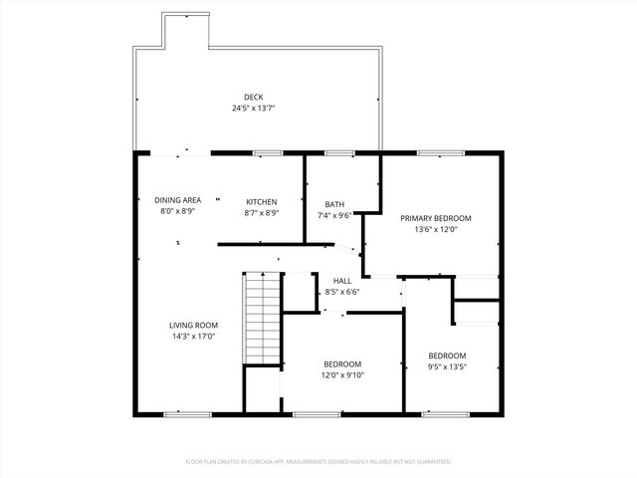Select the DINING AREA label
click(x=177, y=200)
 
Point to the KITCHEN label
click(x=262, y=201)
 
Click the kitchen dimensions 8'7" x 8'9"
click(x=262, y=212)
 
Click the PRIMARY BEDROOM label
click(x=435, y=217)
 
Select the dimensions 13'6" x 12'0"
click(x=435, y=229)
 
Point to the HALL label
click(x=342, y=281)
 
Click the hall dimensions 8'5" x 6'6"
click(x=342, y=292)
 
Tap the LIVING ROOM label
click(x=192, y=325)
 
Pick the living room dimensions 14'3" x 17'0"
click(x=192, y=337)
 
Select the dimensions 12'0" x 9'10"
click(x=342, y=375)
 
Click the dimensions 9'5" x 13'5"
click(x=447, y=367)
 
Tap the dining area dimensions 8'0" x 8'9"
click(x=177, y=212)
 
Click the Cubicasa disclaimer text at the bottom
click(x=318, y=461)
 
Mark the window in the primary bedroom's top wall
click(x=432, y=153)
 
